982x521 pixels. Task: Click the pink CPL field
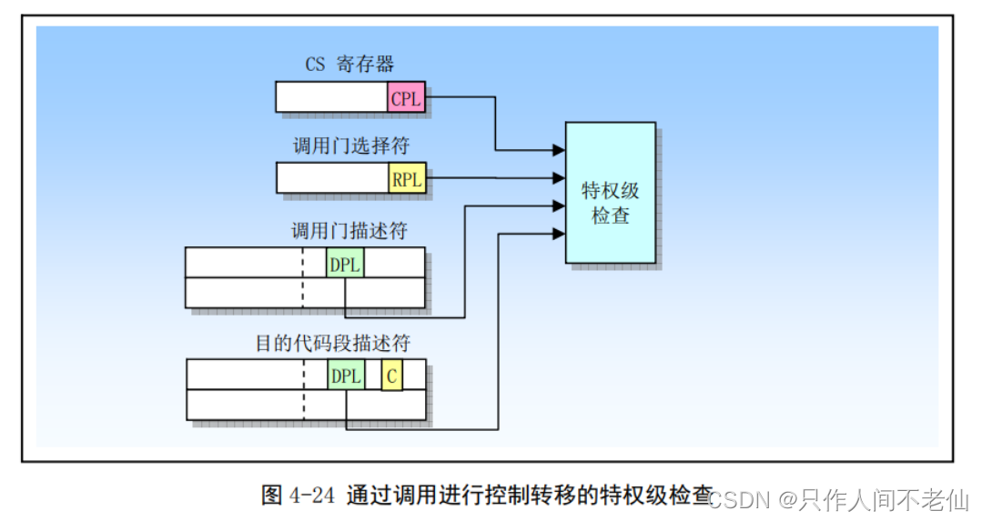click(x=406, y=98)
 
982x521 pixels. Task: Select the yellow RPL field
click(x=407, y=179)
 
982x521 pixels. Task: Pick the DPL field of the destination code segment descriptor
click(x=346, y=376)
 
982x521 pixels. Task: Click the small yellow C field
click(x=391, y=376)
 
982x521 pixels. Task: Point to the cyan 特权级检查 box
click(x=611, y=193)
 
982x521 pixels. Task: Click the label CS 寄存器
click(x=349, y=65)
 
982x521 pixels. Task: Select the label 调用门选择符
click(x=349, y=147)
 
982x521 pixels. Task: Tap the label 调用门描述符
click(x=349, y=231)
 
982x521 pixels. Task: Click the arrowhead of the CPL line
click(x=559, y=149)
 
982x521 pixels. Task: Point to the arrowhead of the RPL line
click(x=559, y=179)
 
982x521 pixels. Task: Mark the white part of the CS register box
click(x=331, y=97)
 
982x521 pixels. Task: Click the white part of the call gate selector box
click(x=332, y=178)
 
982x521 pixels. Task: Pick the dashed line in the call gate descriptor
click(x=304, y=277)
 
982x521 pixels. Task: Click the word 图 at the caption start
click(x=272, y=496)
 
